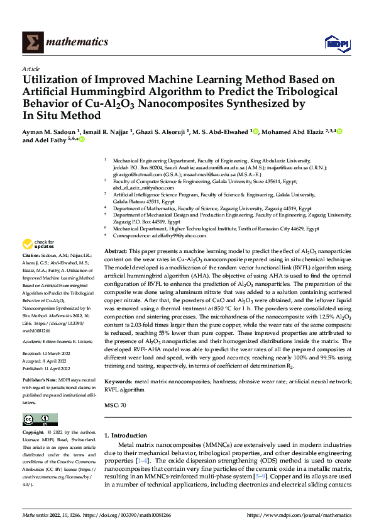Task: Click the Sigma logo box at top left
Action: tap(31, 42)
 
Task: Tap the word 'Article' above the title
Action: tap(31, 69)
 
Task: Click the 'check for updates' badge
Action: tap(37, 244)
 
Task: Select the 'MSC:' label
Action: tap(111, 405)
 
